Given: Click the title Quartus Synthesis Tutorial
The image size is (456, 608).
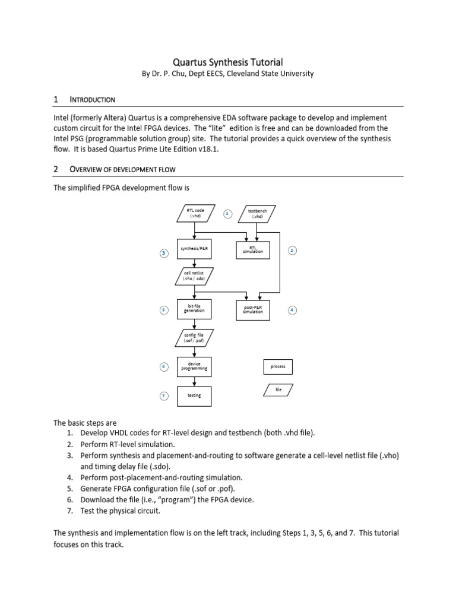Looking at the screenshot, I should tap(227, 62).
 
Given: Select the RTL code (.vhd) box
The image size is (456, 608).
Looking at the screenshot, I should tap(195, 214).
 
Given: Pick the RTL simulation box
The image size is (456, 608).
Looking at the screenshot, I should tap(253, 251).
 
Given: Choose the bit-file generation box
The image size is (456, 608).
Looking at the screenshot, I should tap(194, 309).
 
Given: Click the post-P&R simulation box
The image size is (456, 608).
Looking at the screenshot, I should tap(253, 310).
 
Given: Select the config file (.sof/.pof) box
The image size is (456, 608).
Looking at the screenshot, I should tap(194, 338).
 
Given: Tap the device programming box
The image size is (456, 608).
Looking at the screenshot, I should tap(194, 367).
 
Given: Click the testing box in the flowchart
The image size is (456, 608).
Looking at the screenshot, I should tap(194, 395).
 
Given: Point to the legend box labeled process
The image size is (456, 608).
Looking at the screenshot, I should tap(278, 367).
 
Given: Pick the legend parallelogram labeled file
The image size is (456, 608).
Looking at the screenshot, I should tap(278, 390).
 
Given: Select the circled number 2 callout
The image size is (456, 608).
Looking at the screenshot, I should tap(292, 251).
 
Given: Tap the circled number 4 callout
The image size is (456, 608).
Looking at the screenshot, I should tap(292, 310).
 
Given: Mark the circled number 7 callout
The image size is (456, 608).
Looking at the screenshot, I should tap(164, 395).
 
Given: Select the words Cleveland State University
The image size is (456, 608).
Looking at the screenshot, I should tap(275, 74).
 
